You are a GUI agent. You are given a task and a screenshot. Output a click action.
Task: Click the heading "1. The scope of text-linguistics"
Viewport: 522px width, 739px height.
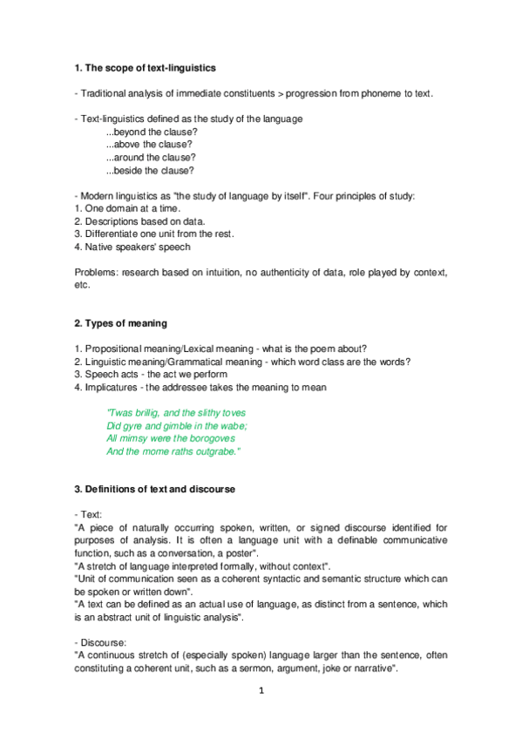[146, 67]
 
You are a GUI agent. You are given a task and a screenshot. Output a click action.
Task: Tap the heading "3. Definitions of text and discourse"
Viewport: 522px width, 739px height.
[155, 490]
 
